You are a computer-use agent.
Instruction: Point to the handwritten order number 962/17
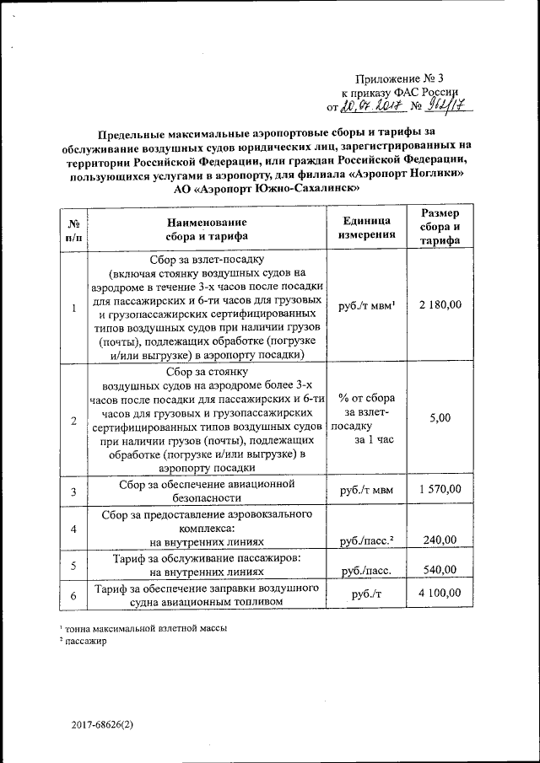pyautogui.click(x=448, y=105)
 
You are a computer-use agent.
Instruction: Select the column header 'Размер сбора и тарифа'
pyautogui.click(x=440, y=228)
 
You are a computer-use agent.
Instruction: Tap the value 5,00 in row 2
pyautogui.click(x=440, y=417)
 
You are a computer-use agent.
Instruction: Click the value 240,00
pyautogui.click(x=440, y=540)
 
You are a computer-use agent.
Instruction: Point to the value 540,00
pyautogui.click(x=440, y=570)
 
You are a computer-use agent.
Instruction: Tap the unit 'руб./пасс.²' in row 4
pyautogui.click(x=367, y=540)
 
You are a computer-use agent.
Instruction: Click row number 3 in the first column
pyautogui.click(x=73, y=491)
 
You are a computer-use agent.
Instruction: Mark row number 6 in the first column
pyautogui.click(x=73, y=595)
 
